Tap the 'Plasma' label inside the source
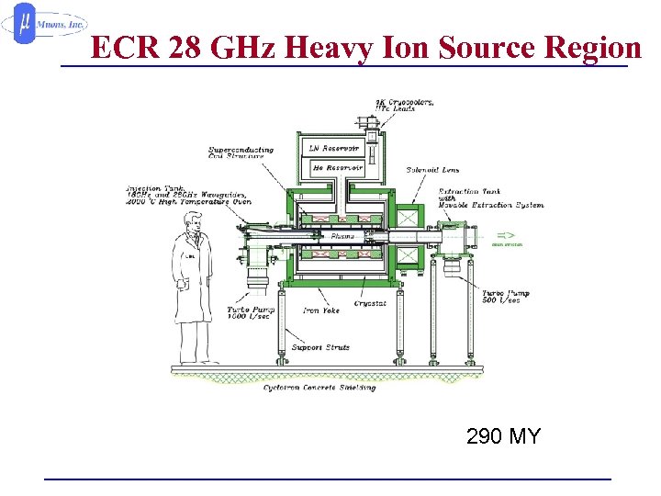pos(339,236)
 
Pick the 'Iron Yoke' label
pos(321,310)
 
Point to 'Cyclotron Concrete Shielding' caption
pos(319,388)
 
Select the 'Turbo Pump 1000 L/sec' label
pos(251,314)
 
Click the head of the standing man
pos(194,221)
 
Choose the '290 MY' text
pos(503,436)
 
